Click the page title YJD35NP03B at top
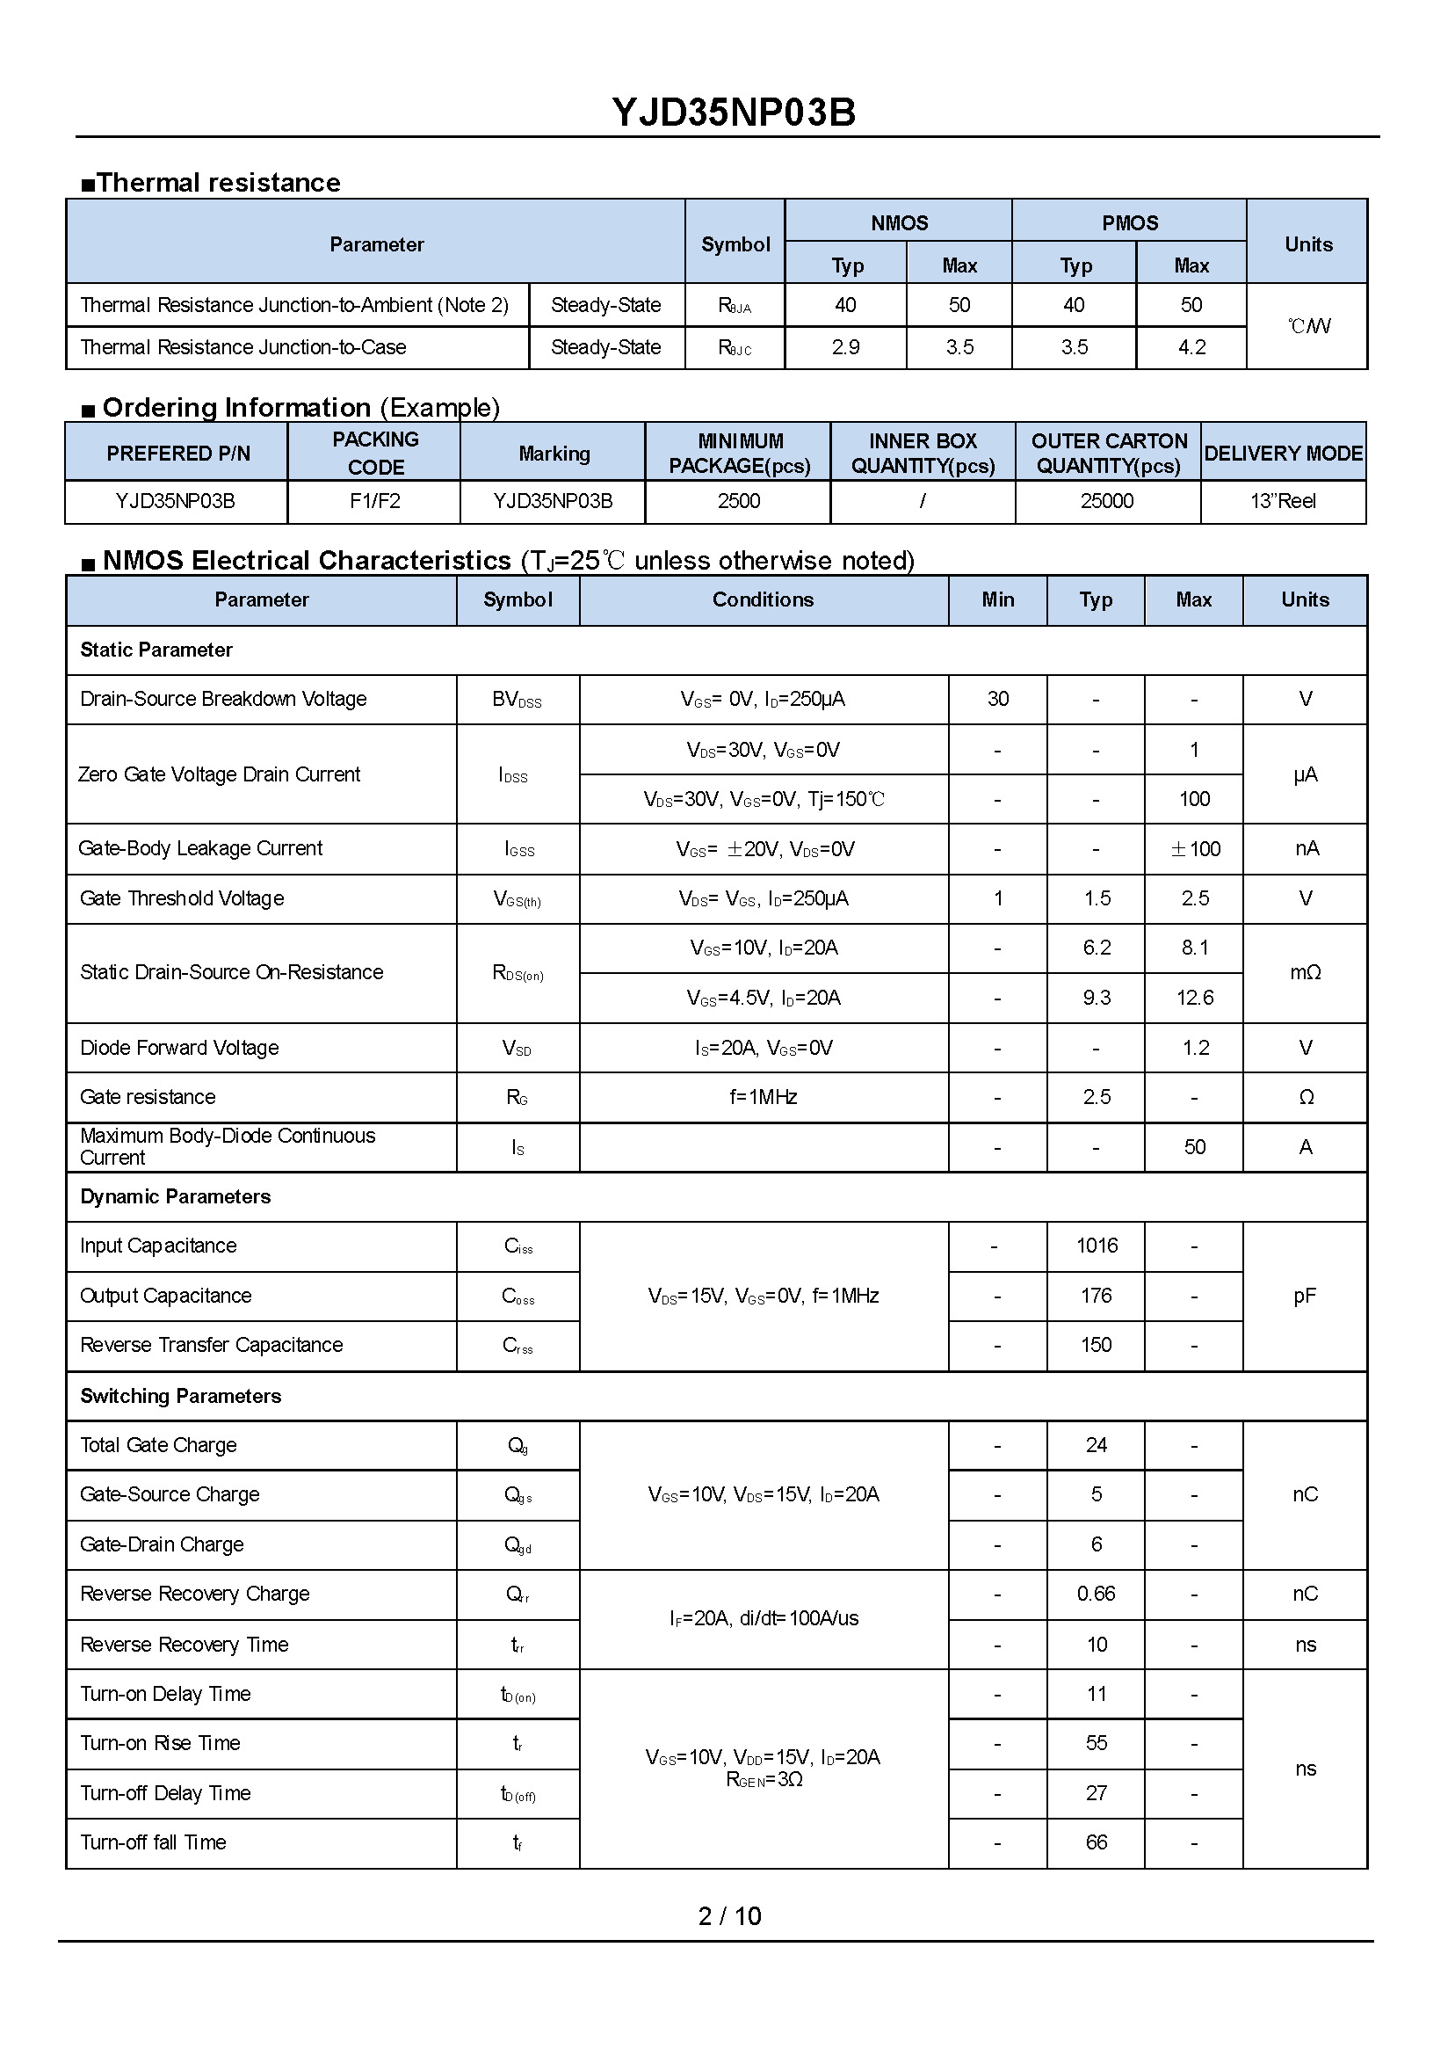click(734, 113)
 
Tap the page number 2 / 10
click(729, 1915)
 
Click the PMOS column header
click(1130, 223)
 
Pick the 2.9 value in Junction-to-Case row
click(845, 348)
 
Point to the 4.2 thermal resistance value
click(1191, 348)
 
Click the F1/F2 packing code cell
click(374, 501)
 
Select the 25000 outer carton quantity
click(1106, 501)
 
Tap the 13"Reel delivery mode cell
click(1282, 501)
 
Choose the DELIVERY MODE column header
click(1283, 454)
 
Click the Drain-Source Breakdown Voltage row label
click(223, 699)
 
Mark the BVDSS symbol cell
click(517, 700)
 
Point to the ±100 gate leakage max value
click(1195, 849)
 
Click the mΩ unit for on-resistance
click(1306, 972)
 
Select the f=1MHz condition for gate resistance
click(764, 1097)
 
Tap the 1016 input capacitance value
click(1097, 1246)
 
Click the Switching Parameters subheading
click(180, 1396)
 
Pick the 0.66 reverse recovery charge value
click(1097, 1594)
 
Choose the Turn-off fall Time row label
click(153, 1842)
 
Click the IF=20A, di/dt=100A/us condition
click(764, 1618)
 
